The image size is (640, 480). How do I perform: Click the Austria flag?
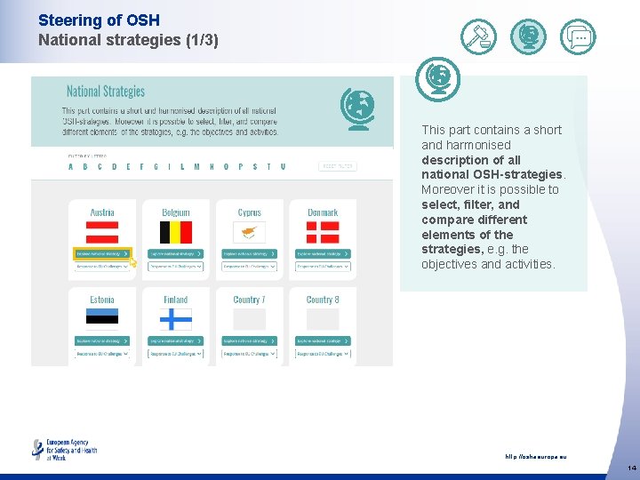(102, 232)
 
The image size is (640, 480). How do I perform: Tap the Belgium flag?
(176, 232)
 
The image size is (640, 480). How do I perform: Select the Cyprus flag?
(250, 232)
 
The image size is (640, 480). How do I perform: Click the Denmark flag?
(323, 232)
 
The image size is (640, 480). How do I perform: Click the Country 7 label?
(250, 300)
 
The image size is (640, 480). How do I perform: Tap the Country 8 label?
(323, 300)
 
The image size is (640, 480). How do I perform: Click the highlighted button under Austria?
(102, 254)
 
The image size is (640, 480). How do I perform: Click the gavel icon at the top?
(479, 36)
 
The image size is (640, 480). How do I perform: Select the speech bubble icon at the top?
(578, 36)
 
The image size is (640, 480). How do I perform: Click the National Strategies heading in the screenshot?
(105, 92)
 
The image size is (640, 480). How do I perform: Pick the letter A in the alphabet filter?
(71, 166)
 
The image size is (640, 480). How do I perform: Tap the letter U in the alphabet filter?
(283, 166)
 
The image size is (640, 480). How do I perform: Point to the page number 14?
(631, 468)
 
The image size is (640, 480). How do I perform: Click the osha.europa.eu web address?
(535, 457)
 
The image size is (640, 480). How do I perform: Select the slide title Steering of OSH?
(86, 20)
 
